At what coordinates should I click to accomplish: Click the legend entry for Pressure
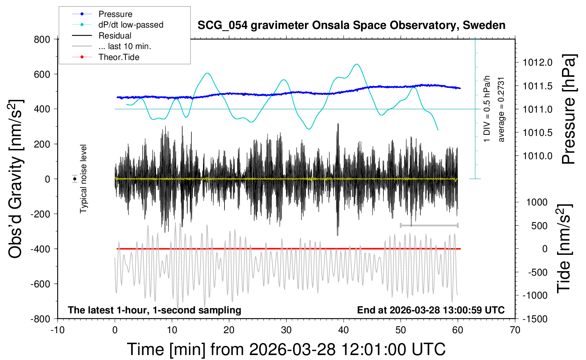[115, 14]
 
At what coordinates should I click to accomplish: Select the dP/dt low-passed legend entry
[131, 25]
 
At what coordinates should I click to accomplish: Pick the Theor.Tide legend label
[119, 57]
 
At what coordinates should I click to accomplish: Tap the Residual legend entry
[115, 36]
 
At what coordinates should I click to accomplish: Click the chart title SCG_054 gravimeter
[351, 25]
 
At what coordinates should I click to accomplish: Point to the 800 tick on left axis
[42, 39]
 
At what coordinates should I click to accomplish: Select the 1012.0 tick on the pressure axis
[537, 62]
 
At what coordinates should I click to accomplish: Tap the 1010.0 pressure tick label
[537, 156]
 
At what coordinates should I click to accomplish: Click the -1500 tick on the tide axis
[534, 319]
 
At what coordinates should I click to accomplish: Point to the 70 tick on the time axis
[515, 330]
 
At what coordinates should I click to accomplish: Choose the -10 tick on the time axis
[58, 330]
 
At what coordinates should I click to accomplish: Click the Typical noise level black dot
[75, 179]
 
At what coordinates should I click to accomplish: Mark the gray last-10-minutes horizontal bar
[429, 225]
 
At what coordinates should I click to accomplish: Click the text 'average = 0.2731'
[501, 109]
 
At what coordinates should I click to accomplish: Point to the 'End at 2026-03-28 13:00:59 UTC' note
[431, 310]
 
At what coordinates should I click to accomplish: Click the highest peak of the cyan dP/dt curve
[357, 64]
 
